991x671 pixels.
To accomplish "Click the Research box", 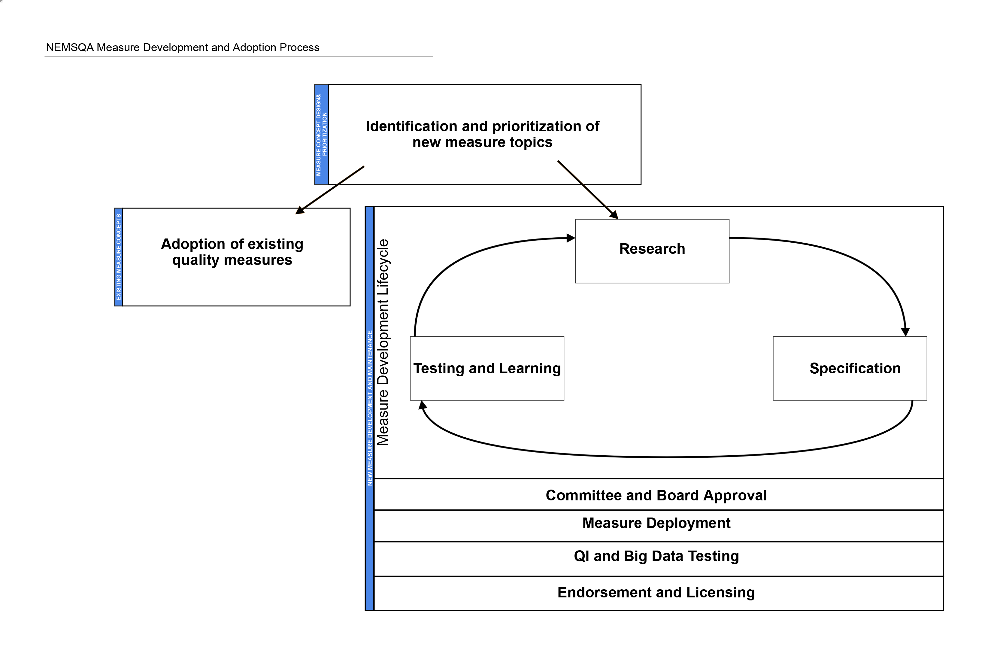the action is [x=652, y=251].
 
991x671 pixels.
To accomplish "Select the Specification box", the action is [x=850, y=369].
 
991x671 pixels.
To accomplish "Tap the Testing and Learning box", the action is [x=487, y=369].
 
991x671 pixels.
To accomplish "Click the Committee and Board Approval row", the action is [x=658, y=494].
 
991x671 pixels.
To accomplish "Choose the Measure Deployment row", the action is [x=658, y=526].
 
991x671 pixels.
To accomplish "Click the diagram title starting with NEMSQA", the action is [x=183, y=47].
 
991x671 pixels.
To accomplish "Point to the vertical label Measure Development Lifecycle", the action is [x=383, y=342].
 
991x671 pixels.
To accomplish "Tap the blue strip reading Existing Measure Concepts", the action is [x=119, y=257].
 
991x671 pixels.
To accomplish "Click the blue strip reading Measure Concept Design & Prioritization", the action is [x=322, y=134].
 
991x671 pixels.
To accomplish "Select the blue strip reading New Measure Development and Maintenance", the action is [x=370, y=408].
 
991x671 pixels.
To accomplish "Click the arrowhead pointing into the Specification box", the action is [x=905, y=332].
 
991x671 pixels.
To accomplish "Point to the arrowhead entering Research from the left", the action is [x=571, y=238].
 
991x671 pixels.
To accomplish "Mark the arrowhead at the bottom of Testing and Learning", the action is [x=422, y=405].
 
